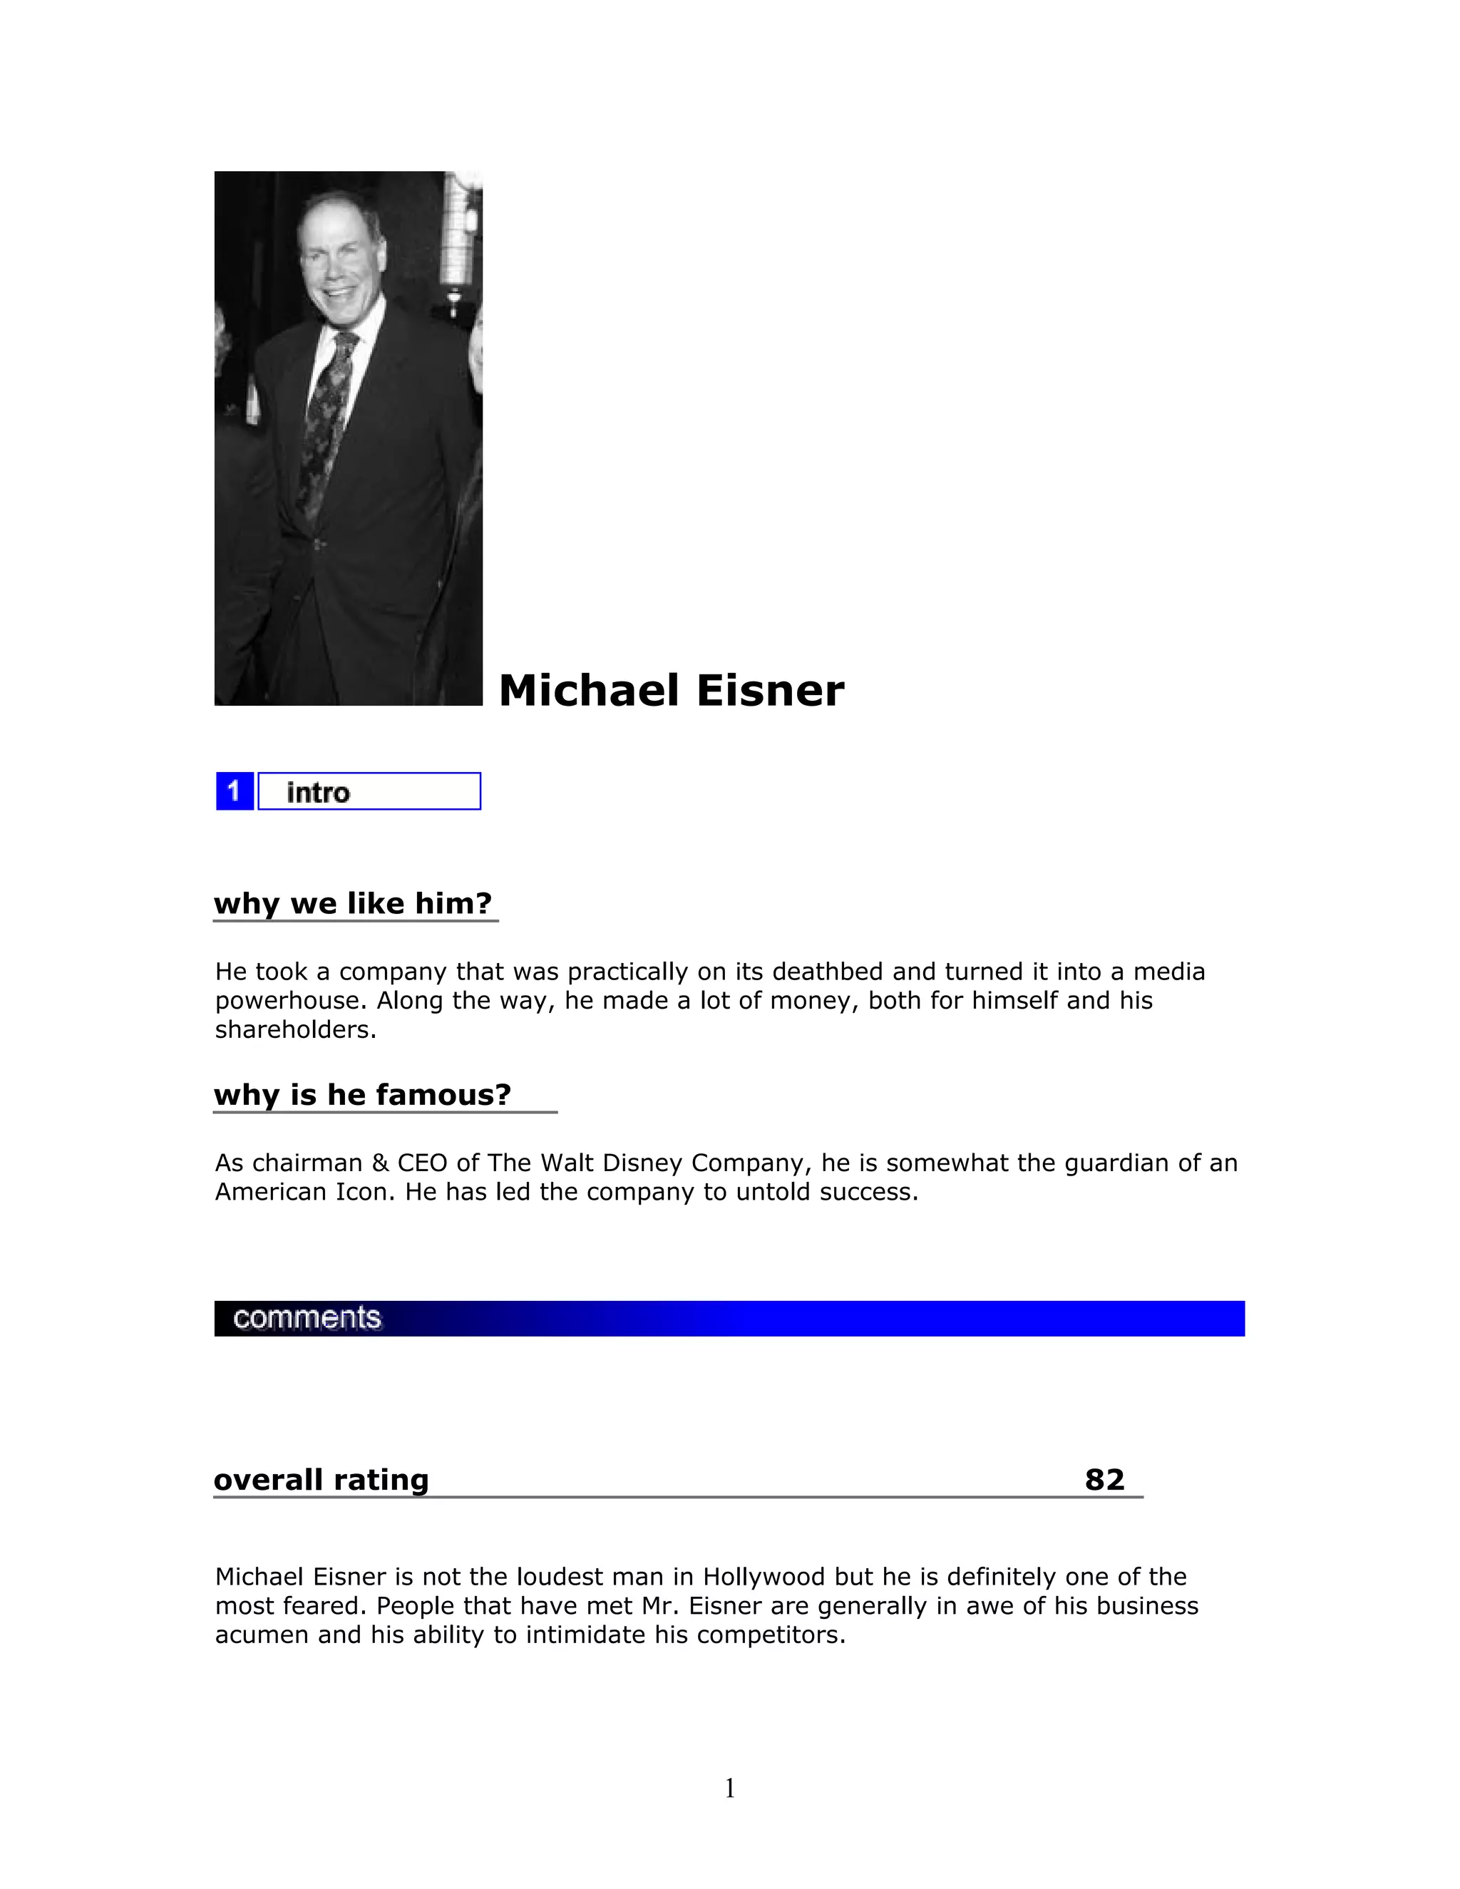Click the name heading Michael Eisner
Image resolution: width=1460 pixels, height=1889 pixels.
pyautogui.click(x=671, y=691)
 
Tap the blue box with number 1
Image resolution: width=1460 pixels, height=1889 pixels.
pyautogui.click(x=235, y=791)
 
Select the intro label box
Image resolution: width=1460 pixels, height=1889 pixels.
pyautogui.click(x=369, y=791)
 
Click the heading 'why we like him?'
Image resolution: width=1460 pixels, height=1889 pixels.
pyautogui.click(x=353, y=903)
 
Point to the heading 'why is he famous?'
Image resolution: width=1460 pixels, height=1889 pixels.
pyautogui.click(x=362, y=1094)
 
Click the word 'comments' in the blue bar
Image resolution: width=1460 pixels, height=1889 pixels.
pyautogui.click(x=307, y=1318)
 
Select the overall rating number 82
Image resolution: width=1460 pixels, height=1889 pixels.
pyautogui.click(x=1104, y=1480)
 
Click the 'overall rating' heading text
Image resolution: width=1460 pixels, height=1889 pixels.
pyautogui.click(x=321, y=1480)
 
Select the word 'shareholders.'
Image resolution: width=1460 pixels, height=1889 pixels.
pyautogui.click(x=296, y=1030)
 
